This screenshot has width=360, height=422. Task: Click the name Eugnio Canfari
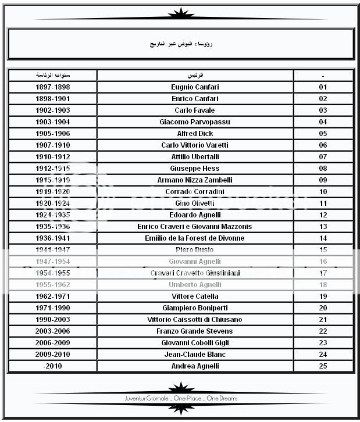coord(195,87)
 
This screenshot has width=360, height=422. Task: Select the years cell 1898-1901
coord(52,99)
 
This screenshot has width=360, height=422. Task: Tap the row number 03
coord(323,110)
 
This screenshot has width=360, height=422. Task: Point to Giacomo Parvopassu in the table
coord(195,122)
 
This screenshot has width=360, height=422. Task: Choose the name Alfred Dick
coord(195,134)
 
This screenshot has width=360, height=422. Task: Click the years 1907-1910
coord(52,145)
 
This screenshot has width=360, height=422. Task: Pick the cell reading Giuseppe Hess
coord(195,169)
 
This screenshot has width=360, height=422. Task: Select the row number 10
coord(323,192)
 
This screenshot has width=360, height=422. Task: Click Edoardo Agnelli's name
coord(195,215)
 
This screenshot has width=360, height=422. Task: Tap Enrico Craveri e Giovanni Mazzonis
coord(195,227)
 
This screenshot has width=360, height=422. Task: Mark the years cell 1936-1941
coord(52,238)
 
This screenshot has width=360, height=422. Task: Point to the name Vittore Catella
coord(195,296)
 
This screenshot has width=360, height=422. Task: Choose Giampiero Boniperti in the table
coord(195,308)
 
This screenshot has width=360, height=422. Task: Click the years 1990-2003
coord(52,320)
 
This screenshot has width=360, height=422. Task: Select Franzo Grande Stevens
coord(195,331)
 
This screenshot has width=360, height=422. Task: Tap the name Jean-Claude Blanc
coord(195,355)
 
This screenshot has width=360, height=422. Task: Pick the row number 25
coord(323,366)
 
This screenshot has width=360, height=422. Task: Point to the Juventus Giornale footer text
coord(181,399)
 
